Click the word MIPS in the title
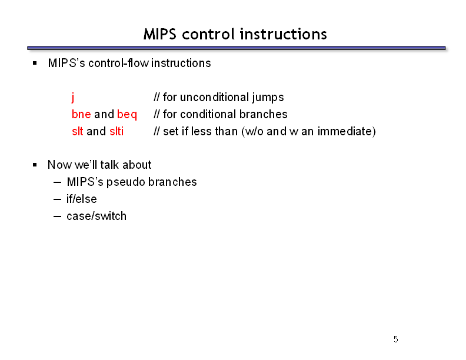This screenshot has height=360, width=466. coord(160,34)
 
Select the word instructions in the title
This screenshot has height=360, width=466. coord(283,34)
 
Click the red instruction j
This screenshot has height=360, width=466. coord(73,97)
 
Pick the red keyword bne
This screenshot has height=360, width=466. coord(81,114)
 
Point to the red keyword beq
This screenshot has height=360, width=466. coord(127,115)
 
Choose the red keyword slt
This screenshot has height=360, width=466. coord(77,131)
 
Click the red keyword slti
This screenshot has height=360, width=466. coord(116,131)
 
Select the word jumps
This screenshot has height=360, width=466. coord(268,98)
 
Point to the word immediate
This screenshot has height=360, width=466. coord(345,131)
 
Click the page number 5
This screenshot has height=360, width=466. coord(395,339)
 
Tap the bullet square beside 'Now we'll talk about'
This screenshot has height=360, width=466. coord(35,165)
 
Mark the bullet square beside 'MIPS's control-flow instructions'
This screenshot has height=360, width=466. coord(35,63)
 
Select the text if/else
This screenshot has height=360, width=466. coord(81,199)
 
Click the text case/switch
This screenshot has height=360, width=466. coord(96,216)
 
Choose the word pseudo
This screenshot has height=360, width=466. coord(126,182)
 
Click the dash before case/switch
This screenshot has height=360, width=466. coord(57,216)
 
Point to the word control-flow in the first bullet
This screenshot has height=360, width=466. coord(119,63)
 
